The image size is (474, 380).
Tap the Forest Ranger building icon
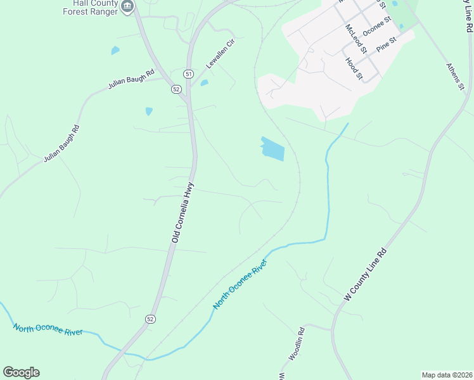click(x=128, y=7)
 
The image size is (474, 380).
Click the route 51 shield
click(x=189, y=74)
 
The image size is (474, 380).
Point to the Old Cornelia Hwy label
click(x=183, y=213)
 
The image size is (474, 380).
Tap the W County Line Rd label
click(x=366, y=275)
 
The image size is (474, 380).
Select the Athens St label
click(x=456, y=77)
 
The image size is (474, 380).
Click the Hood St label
click(x=354, y=68)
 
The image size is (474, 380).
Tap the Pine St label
click(x=385, y=44)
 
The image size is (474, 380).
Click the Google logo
click(x=21, y=372)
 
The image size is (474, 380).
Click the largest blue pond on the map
click(x=273, y=149)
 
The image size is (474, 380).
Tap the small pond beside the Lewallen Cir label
click(x=204, y=83)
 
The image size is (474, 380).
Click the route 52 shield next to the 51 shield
click(x=176, y=89)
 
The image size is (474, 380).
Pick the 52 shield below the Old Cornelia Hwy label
click(x=150, y=318)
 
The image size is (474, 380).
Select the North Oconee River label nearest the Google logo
click(x=48, y=330)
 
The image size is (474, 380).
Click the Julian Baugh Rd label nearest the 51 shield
click(x=131, y=81)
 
